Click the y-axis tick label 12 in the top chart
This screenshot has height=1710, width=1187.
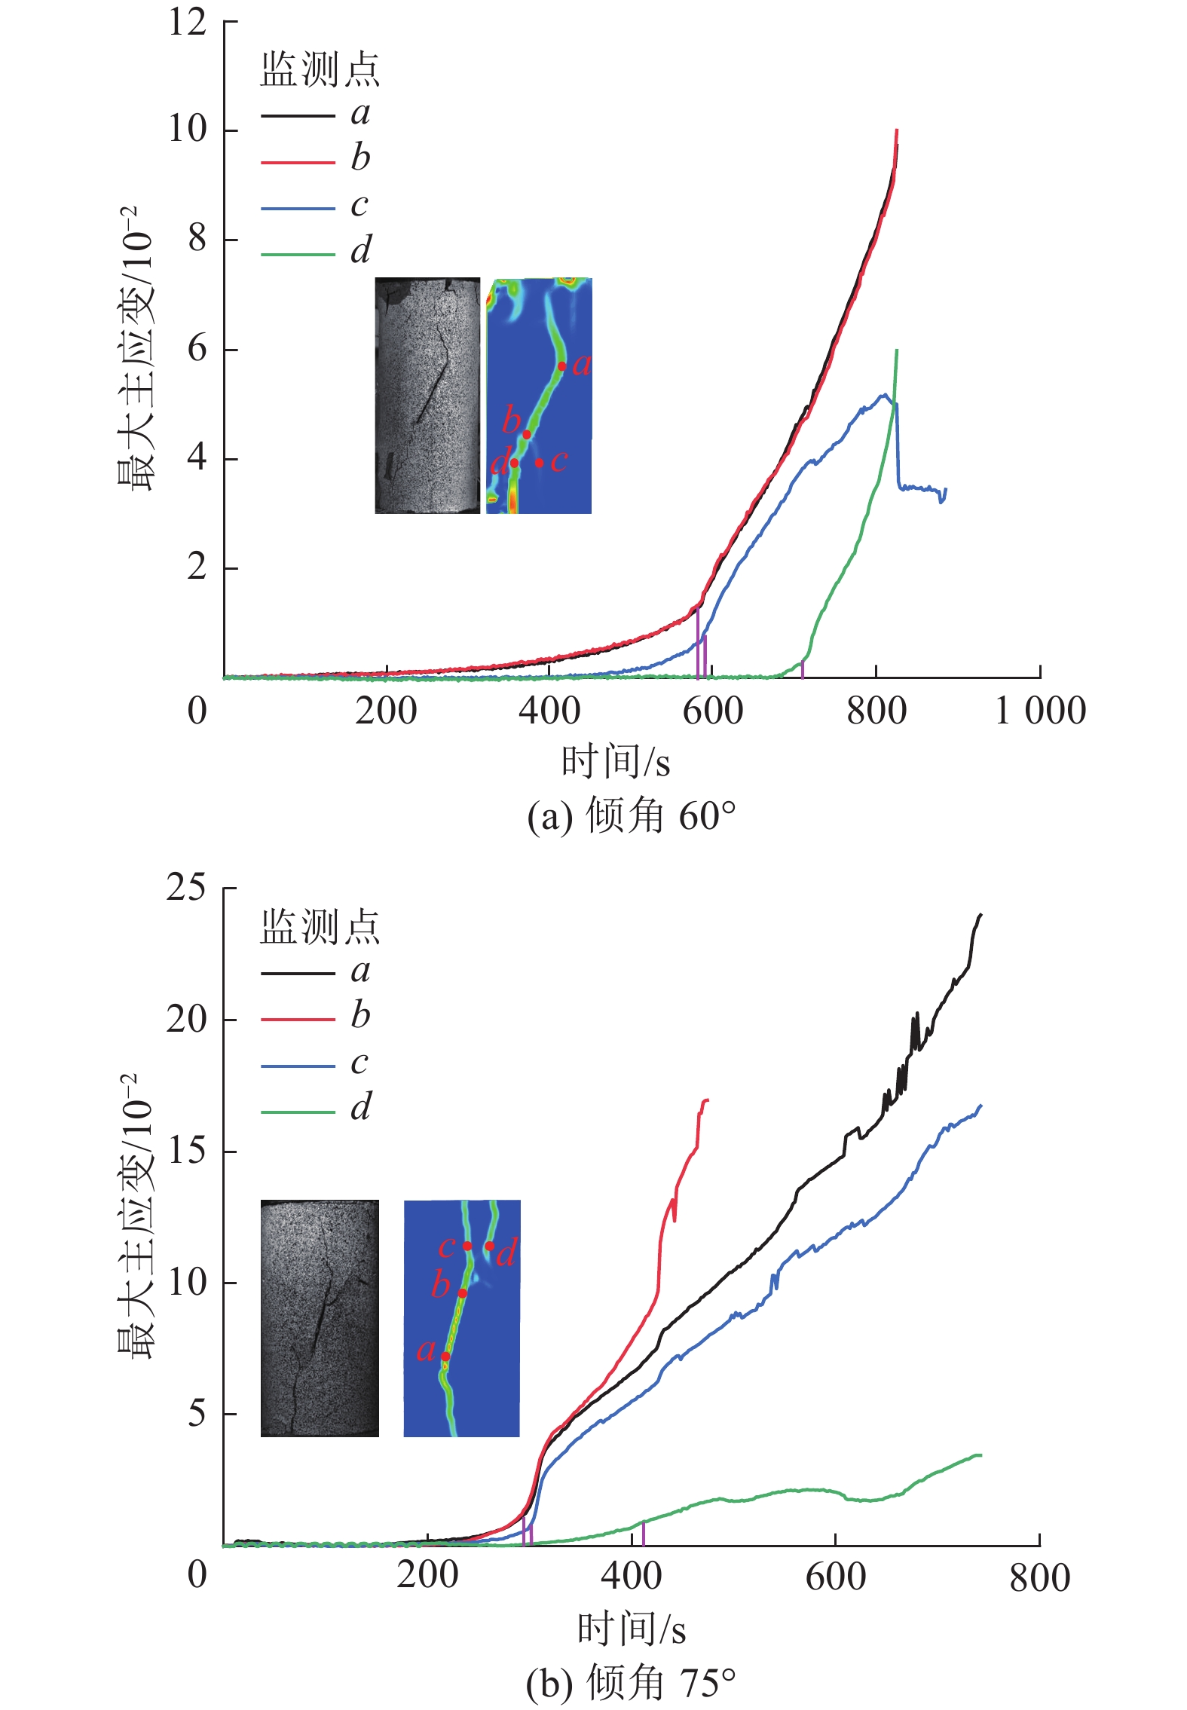pos(187,22)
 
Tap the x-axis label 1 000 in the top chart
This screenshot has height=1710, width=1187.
pos(1040,711)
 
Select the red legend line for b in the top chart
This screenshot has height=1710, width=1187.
pos(298,162)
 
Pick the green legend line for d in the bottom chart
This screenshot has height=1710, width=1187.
pos(298,1112)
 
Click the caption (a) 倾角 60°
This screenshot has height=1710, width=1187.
pos(631,817)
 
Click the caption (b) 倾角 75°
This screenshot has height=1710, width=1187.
pos(631,1682)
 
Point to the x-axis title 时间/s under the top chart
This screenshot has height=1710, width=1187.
pos(615,762)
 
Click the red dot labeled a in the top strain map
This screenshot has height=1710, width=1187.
pos(561,366)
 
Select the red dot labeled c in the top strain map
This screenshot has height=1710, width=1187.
pos(540,463)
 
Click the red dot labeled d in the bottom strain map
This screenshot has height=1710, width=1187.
pos(490,1247)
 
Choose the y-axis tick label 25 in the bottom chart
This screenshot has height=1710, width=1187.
pos(186,888)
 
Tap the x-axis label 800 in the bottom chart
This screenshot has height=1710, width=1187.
pos(1039,1577)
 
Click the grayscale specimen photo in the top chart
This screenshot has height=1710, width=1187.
pos(427,396)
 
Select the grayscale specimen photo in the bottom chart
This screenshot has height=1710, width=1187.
pos(320,1318)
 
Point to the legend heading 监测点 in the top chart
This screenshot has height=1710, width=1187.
pos(320,70)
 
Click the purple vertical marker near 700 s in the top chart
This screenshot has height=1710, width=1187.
pos(803,669)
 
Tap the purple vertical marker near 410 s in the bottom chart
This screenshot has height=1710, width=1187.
pos(643,1533)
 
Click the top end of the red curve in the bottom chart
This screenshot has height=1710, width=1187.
pos(707,1100)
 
